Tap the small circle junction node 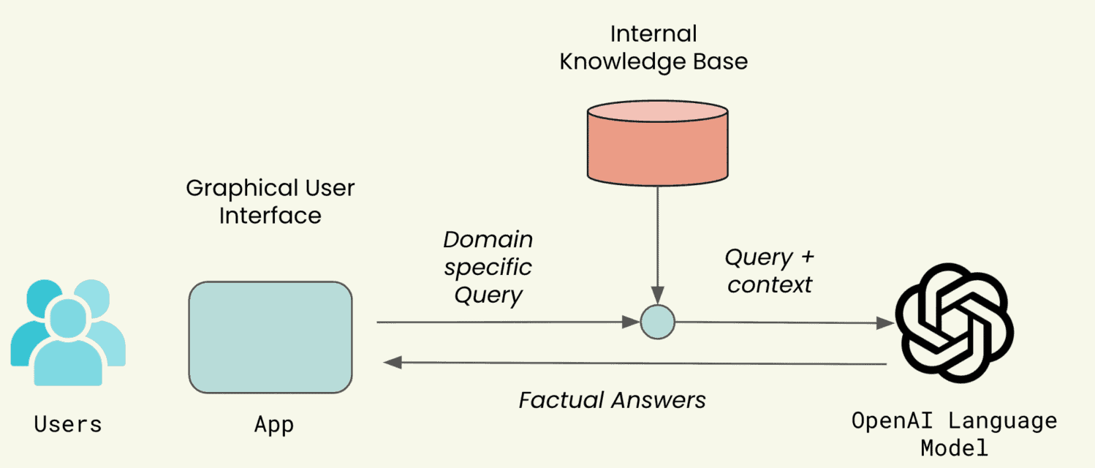coord(657,321)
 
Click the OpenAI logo coord(954,322)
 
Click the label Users coord(68,424)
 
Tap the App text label coord(274,424)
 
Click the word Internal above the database coord(653,34)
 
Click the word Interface coord(270,216)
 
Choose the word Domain coord(488,240)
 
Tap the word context coord(770,284)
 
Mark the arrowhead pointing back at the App coord(392,363)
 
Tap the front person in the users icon coord(68,344)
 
